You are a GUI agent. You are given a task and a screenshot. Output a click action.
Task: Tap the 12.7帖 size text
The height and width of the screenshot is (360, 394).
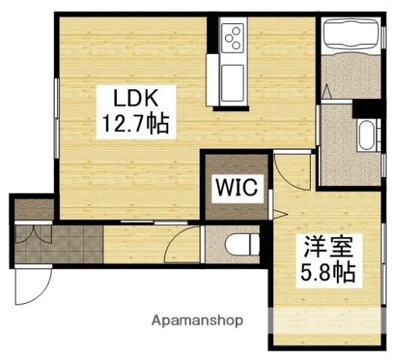(135, 121)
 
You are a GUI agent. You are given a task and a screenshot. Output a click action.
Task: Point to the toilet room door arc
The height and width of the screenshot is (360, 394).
(178, 247)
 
